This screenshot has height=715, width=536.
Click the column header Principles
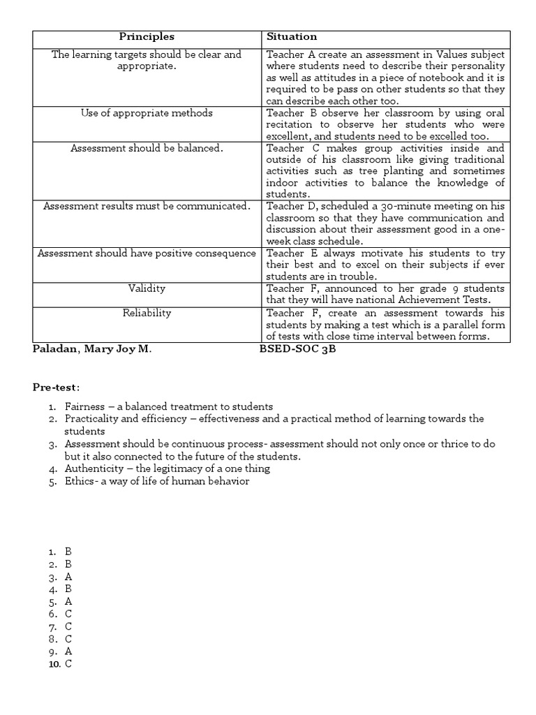[x=147, y=36]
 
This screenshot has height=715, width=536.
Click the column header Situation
[x=292, y=36]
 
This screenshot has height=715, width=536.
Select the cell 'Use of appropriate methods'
[x=147, y=112]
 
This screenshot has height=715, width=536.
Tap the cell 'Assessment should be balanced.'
[x=147, y=148]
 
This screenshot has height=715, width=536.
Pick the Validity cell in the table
[x=147, y=288]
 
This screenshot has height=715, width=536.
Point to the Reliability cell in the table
[x=147, y=313]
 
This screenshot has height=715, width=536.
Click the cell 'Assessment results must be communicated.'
[x=147, y=206]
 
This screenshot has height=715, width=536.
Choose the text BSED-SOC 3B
[x=297, y=348]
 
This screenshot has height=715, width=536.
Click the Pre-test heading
[x=56, y=386]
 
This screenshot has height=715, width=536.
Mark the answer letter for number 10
[x=68, y=664]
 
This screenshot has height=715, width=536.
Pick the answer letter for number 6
[x=68, y=614]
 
